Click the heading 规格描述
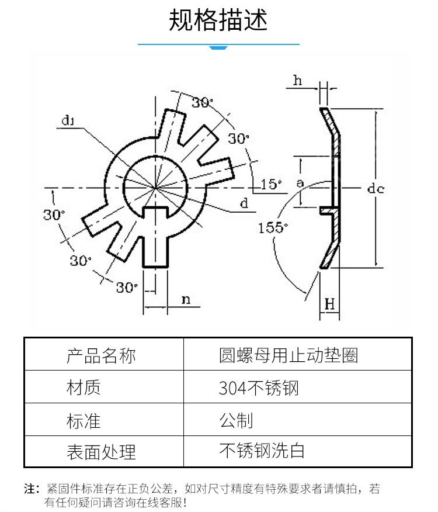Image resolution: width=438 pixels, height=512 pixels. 218,20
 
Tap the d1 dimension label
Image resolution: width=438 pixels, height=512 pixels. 68,120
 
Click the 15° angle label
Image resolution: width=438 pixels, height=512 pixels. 271,184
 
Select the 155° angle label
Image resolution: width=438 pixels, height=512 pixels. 273,227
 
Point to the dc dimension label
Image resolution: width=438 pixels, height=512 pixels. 376,188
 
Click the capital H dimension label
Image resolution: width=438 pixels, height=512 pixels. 329,305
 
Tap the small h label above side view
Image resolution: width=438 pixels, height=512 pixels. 297,80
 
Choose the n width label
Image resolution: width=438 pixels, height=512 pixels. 186,299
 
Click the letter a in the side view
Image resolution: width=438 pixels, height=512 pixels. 300,183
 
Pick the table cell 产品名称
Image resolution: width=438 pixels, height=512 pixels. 101,355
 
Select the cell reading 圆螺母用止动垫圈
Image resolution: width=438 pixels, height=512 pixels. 288,355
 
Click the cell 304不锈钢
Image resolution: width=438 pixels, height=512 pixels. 259,388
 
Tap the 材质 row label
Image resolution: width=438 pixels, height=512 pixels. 84,388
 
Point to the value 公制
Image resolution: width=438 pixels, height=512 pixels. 236,420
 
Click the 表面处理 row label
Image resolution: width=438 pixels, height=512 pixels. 101,452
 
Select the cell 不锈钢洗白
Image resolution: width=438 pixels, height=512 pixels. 262,451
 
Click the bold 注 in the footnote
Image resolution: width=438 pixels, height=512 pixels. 29,489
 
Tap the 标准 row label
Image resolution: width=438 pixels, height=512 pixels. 84,421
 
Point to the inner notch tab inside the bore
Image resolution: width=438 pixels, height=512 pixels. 155,212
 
